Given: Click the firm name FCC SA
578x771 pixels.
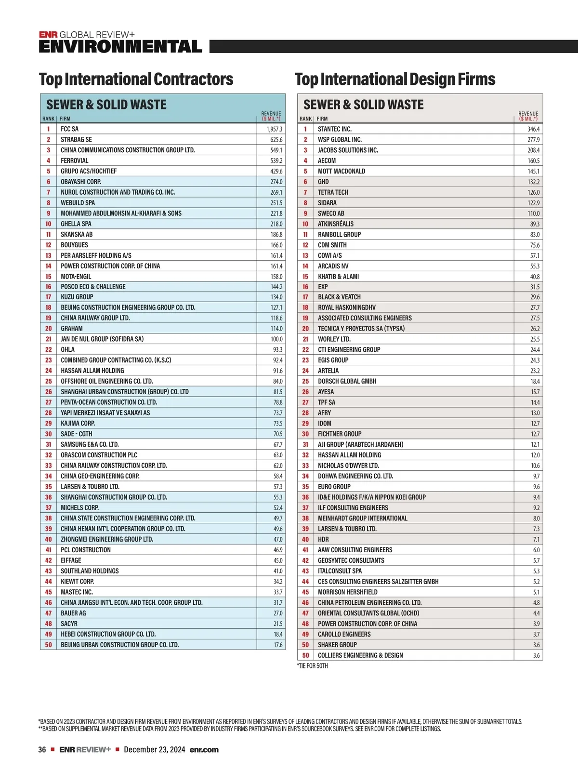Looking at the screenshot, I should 69,129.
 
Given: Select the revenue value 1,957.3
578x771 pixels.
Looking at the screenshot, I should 275,129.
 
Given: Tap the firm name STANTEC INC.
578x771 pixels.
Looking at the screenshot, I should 335,129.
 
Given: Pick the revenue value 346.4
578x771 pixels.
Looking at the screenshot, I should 533,129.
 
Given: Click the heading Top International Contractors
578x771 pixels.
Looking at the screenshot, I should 136,80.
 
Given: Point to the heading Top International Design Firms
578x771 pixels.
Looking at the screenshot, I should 395,80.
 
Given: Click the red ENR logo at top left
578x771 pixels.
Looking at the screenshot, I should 48,35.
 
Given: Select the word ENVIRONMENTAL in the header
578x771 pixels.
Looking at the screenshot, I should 120,47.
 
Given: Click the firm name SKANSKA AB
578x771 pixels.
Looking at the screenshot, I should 77,234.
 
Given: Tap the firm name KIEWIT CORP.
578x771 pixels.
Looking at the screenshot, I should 77,582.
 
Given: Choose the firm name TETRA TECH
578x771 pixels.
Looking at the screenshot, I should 333,192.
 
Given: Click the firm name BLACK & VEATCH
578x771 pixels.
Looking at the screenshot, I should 339,297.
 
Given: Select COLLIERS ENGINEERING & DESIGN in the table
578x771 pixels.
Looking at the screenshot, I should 360,655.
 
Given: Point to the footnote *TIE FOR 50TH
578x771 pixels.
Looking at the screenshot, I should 312,666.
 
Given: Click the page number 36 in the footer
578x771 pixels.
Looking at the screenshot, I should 42,750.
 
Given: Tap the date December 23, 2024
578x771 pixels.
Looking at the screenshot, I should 154,750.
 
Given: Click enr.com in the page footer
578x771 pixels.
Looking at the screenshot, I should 204,750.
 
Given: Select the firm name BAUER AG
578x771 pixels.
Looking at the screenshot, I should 73,613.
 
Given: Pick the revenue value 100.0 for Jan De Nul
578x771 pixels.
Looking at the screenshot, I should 276,339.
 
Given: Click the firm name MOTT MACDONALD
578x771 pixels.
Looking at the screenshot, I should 342,171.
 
